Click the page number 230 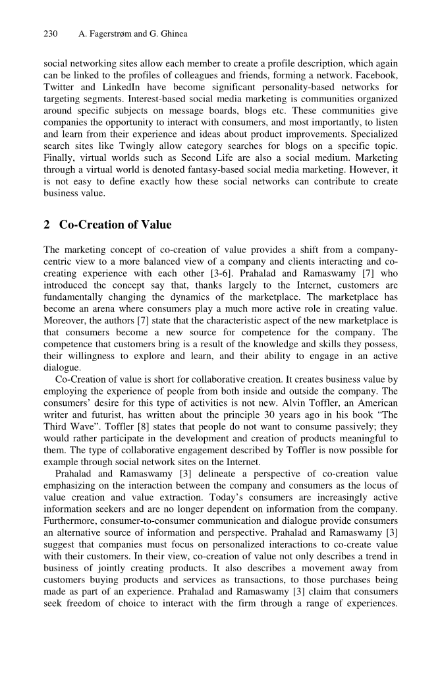[51, 34]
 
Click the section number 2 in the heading [47, 225]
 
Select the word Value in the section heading [155, 225]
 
